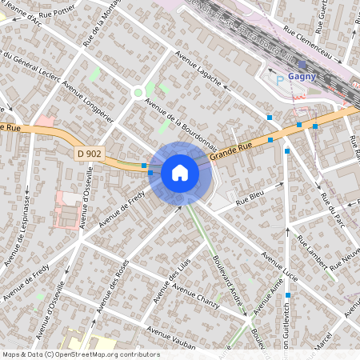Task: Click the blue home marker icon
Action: [x=180, y=172]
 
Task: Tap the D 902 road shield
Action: [x=90, y=153]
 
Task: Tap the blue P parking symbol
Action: [x=279, y=80]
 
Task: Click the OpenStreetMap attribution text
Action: [x=80, y=354]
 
